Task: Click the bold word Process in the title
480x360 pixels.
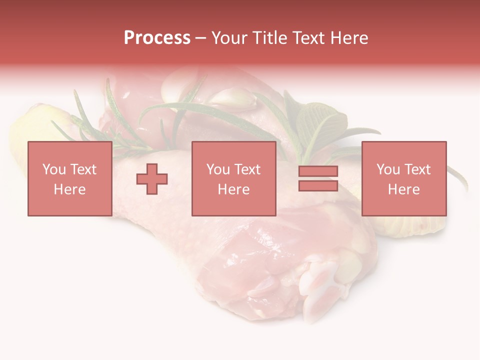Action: click(x=157, y=38)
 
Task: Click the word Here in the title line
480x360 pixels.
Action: click(x=350, y=38)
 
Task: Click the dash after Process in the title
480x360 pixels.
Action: click(x=200, y=39)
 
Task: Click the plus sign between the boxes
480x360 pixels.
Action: click(x=152, y=178)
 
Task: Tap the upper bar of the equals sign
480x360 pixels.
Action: click(x=318, y=171)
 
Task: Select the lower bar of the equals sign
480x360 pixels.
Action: click(x=318, y=186)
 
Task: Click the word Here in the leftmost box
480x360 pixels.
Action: click(x=69, y=189)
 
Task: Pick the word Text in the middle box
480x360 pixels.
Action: click(x=246, y=169)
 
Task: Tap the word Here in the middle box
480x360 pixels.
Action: click(x=234, y=189)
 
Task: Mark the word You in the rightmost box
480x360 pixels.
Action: click(x=388, y=169)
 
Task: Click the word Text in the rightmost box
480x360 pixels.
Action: click(x=416, y=169)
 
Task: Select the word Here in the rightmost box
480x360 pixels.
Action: click(x=403, y=189)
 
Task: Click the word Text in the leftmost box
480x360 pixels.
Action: click(x=82, y=169)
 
